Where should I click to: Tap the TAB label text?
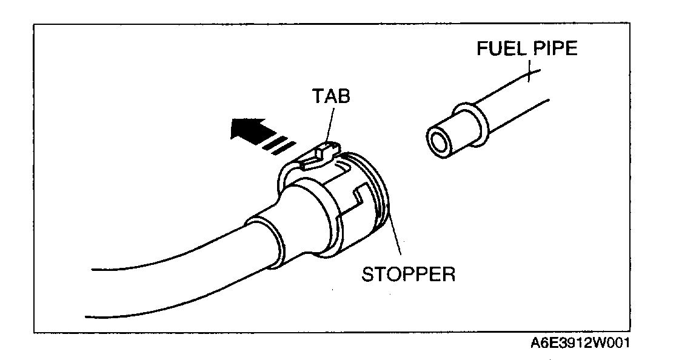[x=332, y=96]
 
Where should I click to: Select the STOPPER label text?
[x=408, y=274]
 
